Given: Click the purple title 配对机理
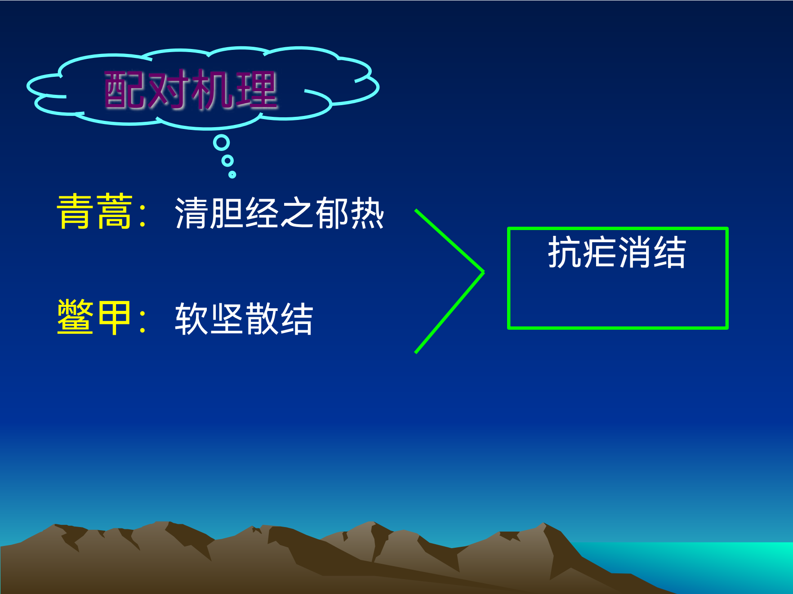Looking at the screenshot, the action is tap(191, 90).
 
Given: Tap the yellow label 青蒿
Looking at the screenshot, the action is tap(95, 212).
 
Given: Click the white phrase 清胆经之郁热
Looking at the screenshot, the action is tap(279, 213).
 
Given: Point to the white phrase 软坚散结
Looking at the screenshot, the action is tap(244, 319).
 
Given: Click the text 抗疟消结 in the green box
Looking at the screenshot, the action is tap(617, 253).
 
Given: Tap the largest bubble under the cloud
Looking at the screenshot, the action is tap(221, 143).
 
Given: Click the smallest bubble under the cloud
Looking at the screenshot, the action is tap(232, 174).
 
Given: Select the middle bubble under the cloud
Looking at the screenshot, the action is tap(227, 160).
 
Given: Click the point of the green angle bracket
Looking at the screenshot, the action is tap(483, 272).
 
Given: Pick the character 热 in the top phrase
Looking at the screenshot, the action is tap(367, 213).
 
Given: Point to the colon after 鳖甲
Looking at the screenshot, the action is tap(143, 320).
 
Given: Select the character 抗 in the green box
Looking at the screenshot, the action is tap(565, 253).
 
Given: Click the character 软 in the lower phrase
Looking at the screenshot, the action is tap(192, 319).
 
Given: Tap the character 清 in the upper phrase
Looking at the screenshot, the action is tap(192, 213).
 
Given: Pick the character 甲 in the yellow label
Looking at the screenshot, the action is tap(114, 318).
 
